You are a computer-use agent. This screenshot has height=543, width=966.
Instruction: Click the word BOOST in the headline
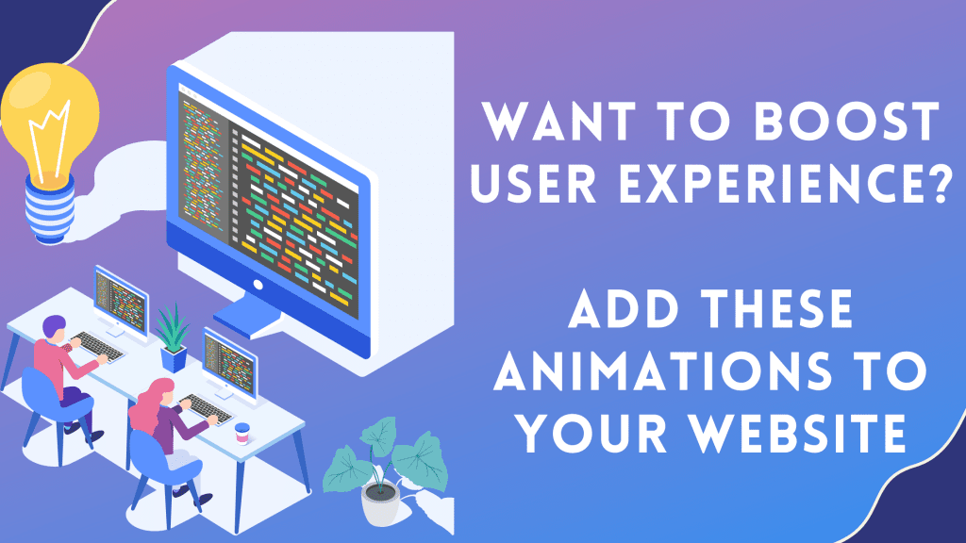tap(847, 122)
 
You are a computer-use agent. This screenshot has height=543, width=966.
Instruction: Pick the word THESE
tap(778, 308)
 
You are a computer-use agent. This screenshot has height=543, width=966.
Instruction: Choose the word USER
tap(534, 183)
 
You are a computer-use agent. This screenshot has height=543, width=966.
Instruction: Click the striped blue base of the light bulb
tap(50, 209)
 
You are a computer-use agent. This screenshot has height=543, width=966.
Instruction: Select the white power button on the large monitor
tap(258, 285)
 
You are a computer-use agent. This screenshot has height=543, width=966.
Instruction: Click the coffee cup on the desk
tap(242, 433)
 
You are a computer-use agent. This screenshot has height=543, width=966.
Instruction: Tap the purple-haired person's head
tap(55, 329)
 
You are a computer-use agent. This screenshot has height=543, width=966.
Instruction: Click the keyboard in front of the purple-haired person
tap(97, 347)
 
